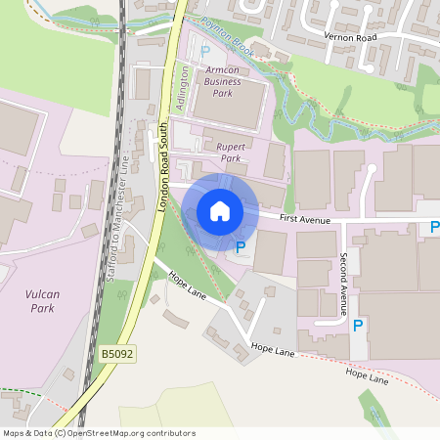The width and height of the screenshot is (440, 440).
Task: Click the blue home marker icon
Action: click(x=220, y=211)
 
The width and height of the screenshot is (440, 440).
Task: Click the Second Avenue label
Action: click(x=343, y=284)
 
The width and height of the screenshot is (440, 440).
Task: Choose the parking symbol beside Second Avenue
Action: click(x=358, y=326)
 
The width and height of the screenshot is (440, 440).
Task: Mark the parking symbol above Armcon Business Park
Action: click(x=204, y=52)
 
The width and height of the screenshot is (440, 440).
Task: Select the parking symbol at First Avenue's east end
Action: click(x=433, y=226)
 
